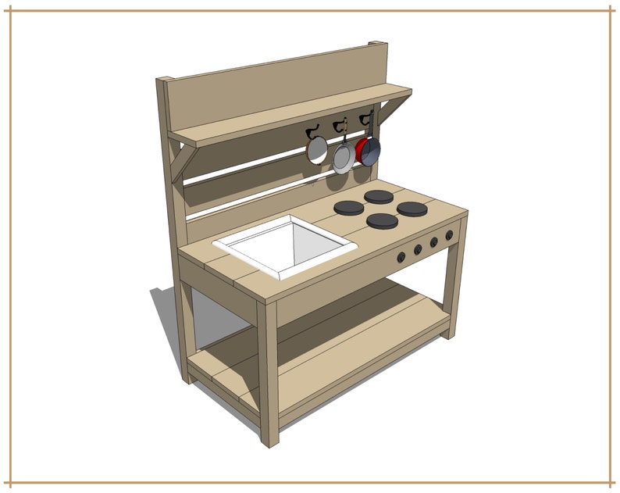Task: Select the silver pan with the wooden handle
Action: click(343, 159)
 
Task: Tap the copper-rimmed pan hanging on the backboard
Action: click(317, 148)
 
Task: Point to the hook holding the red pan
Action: click(366, 118)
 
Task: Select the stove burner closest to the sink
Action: click(348, 208)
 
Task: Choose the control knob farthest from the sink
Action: click(449, 235)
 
